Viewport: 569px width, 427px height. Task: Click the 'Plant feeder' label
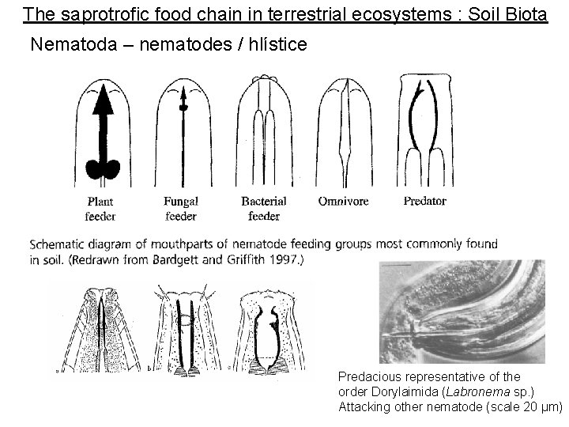point(101,209)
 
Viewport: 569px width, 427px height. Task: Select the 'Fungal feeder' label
point(181,209)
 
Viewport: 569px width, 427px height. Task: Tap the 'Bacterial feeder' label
point(264,209)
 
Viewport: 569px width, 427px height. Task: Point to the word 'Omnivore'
point(343,202)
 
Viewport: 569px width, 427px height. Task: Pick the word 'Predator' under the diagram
point(424,201)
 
